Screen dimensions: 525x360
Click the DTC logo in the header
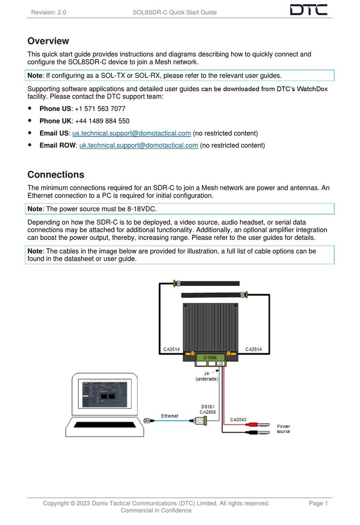tap(308, 10)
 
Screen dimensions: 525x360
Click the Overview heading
tap(48, 41)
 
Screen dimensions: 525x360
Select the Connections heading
tap(56, 175)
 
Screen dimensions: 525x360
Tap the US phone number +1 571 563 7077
tap(100, 109)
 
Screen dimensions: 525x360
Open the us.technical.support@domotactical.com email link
tap(131, 133)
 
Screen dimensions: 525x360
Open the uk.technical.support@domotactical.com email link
tap(139, 145)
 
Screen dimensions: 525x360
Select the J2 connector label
tap(221, 364)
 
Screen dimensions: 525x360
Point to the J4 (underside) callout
tap(206, 376)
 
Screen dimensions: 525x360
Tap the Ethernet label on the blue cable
tap(169, 416)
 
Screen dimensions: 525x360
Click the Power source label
tap(283, 429)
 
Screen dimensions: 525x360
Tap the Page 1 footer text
tap(318, 503)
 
